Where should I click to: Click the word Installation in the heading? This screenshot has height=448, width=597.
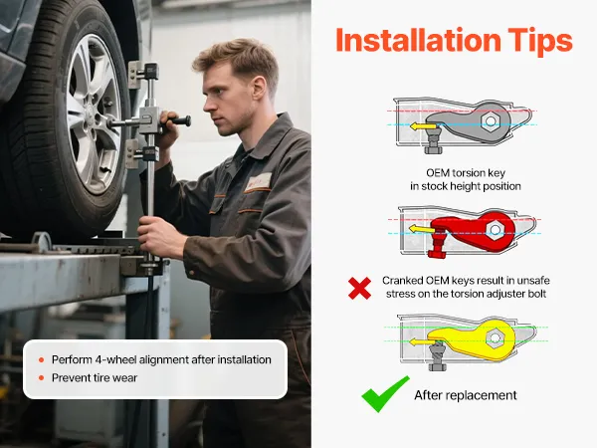point(419,40)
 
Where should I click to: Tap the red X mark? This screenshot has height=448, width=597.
point(359,288)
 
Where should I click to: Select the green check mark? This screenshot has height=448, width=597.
point(385,394)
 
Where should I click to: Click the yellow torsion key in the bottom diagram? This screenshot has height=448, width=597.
point(472,340)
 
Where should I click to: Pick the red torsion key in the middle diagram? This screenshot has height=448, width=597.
point(476,231)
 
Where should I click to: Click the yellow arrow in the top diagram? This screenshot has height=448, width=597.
point(423,126)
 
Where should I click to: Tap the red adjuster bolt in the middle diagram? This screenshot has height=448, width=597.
point(438,245)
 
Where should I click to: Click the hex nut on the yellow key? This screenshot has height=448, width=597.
point(495,337)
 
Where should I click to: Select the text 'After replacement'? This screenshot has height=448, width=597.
point(466,395)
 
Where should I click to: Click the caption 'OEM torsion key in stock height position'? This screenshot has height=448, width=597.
point(466,179)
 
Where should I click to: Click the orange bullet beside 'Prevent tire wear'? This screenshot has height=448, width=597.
point(42,378)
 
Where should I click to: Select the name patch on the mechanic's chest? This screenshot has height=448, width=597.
point(258,182)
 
